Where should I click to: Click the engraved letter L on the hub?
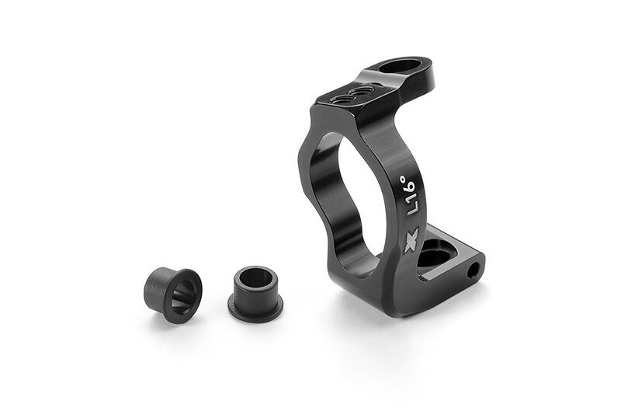pos(413,209)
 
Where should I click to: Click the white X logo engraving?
pos(411,241)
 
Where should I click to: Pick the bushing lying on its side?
pos(173,290)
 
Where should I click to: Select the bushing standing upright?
pos(255,294)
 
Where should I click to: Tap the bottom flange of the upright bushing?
pos(255,310)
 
